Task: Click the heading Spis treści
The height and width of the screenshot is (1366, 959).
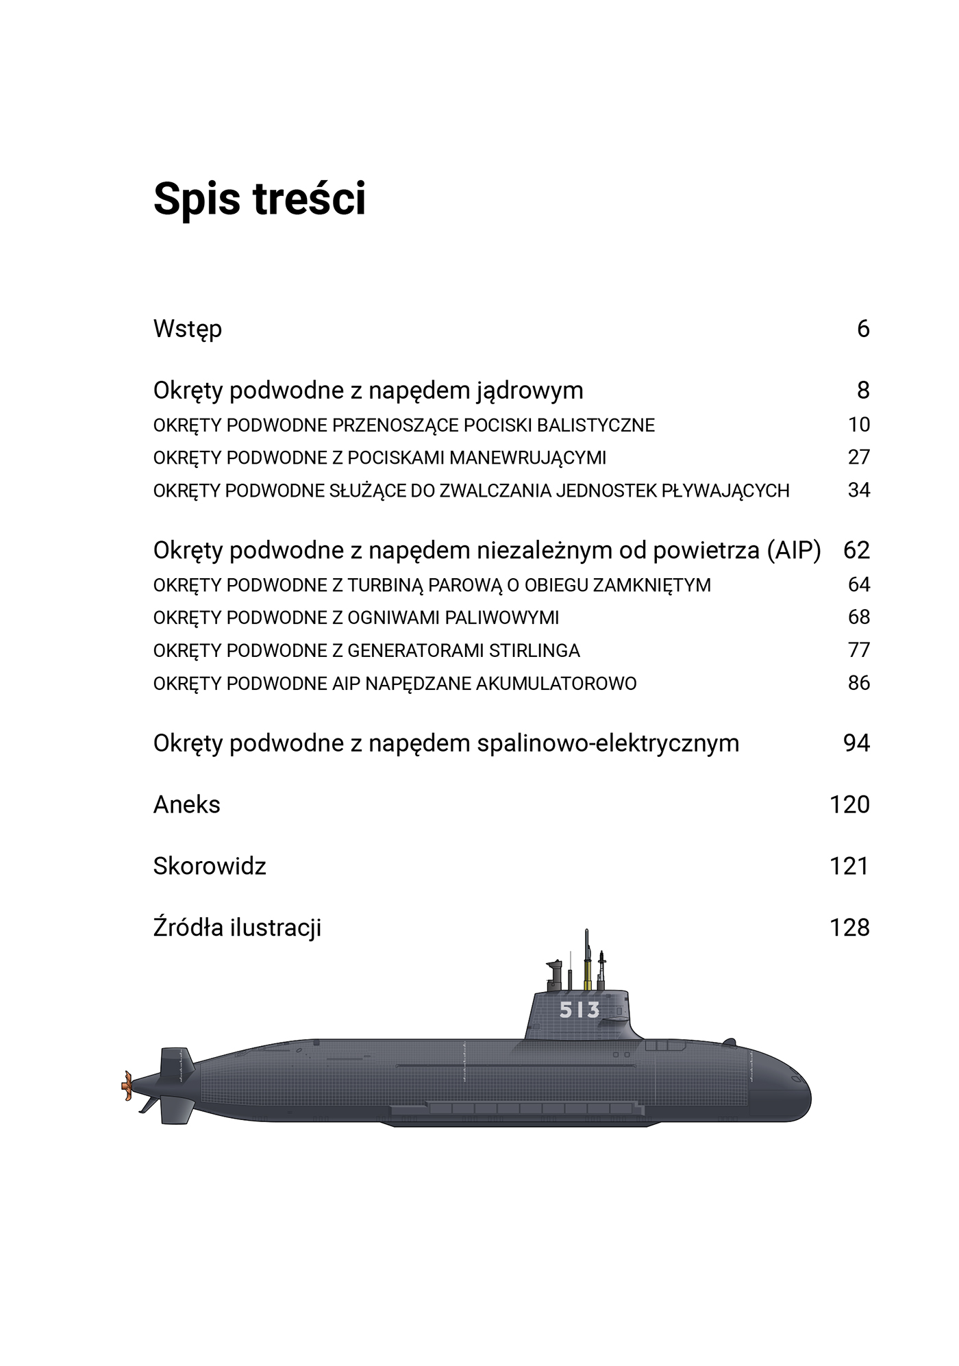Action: pos(259,199)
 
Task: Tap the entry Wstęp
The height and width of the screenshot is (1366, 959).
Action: pos(187,330)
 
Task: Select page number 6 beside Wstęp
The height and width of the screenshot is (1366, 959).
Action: pos(863,329)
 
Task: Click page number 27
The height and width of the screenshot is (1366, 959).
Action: pos(858,457)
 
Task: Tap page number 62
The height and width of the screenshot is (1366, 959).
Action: pos(856,550)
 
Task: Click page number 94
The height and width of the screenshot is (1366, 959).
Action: pos(856,743)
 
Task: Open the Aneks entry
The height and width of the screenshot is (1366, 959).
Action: pos(186,805)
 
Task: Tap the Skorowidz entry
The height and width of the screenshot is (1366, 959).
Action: pos(210,867)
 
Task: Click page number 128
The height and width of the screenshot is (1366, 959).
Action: pos(849,928)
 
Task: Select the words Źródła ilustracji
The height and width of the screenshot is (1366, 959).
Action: pos(237,928)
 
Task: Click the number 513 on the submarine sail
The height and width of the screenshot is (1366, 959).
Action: pos(580,1010)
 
